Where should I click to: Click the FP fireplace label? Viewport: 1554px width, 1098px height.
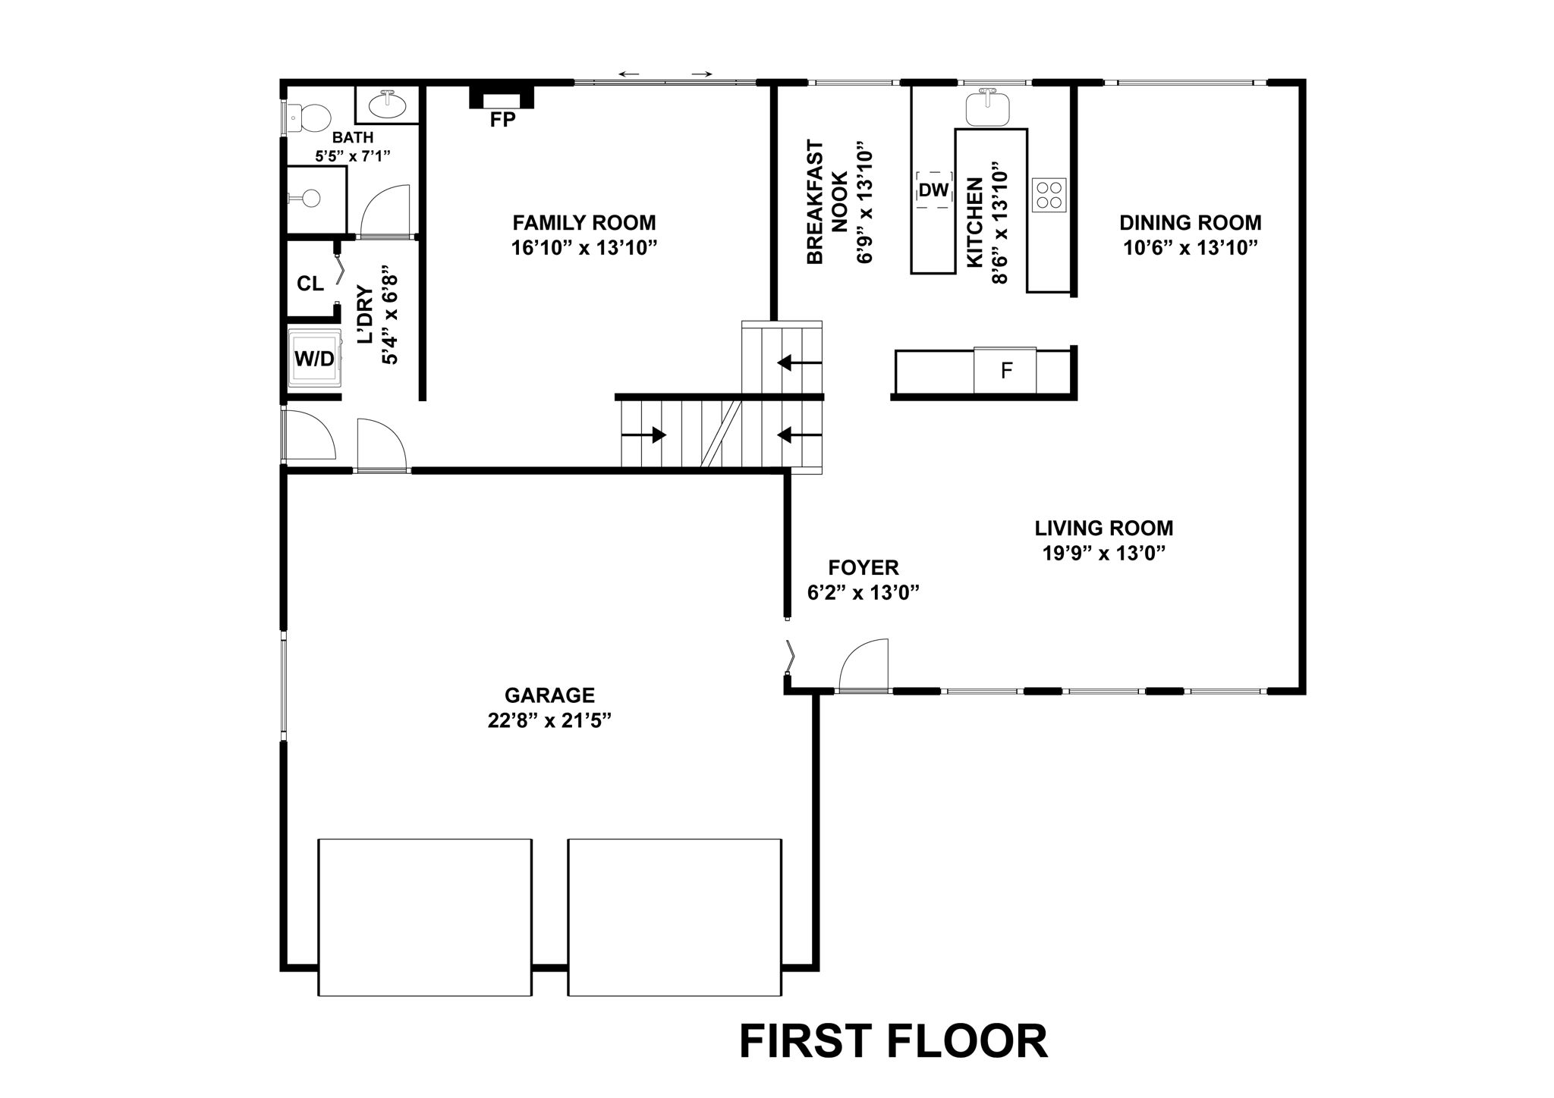click(502, 120)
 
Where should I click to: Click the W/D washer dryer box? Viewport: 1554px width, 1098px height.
click(314, 358)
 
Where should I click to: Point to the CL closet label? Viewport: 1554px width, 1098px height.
click(310, 284)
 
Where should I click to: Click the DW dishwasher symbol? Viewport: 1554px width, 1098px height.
click(933, 190)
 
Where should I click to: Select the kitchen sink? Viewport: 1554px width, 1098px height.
click(988, 108)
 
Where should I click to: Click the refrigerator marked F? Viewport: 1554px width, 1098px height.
click(1005, 371)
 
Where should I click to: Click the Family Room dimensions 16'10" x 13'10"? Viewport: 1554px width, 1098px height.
click(584, 248)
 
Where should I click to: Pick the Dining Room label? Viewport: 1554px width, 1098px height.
click(1190, 223)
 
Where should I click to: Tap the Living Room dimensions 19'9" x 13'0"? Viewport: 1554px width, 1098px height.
click(1103, 553)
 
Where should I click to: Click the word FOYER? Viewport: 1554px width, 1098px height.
click(863, 567)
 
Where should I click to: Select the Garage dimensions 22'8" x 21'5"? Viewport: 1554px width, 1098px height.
click(549, 720)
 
